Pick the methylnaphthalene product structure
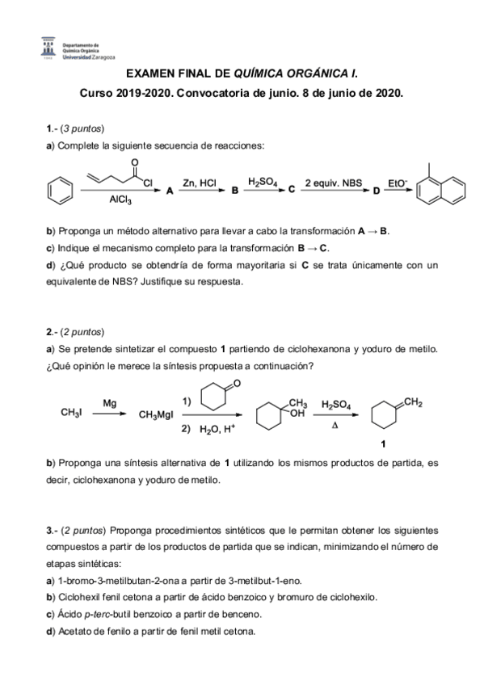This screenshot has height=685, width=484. click(x=436, y=190)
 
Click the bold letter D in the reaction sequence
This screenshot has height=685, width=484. click(x=375, y=191)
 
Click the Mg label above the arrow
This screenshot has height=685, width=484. click(x=108, y=402)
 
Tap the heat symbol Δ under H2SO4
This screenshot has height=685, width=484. click(x=335, y=423)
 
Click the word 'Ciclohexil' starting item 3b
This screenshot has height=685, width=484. click(x=79, y=597)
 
